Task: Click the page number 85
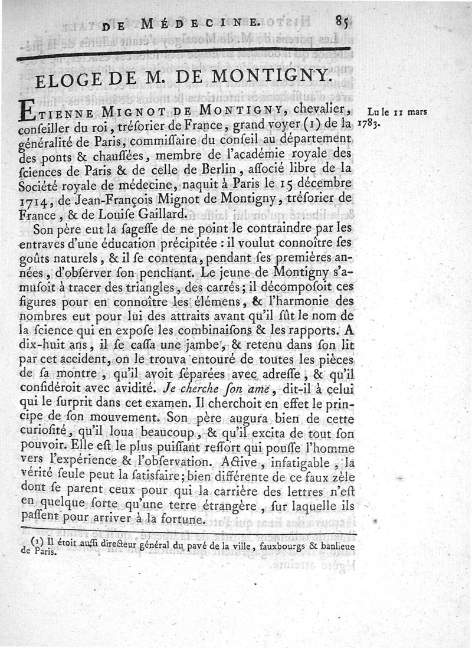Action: (x=343, y=21)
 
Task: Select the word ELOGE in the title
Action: (x=69, y=80)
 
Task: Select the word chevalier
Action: (x=323, y=110)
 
